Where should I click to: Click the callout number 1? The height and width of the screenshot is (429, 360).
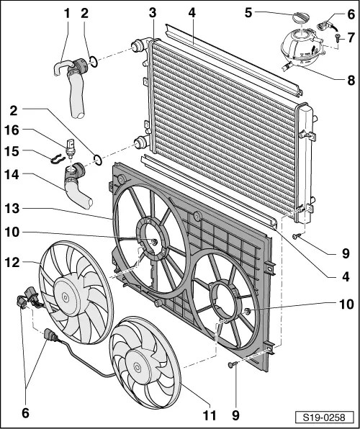(67, 14)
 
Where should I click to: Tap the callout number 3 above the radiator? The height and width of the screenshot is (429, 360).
(153, 13)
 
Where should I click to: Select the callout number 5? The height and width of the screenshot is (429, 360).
(248, 13)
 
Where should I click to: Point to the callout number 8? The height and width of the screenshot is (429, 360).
(351, 81)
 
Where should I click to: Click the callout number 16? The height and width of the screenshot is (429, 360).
(12, 130)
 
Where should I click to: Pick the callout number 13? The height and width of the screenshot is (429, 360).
(12, 209)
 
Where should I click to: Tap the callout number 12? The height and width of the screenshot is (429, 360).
(12, 262)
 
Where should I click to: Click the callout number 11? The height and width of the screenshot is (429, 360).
(209, 415)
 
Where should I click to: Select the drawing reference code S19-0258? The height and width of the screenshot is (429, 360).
(324, 417)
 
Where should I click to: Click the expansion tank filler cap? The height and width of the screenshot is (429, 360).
(300, 17)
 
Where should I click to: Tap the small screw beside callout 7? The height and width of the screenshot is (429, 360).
(337, 37)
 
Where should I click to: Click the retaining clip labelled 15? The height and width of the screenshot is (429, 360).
(58, 160)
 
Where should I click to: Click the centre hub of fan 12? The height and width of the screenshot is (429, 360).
(65, 297)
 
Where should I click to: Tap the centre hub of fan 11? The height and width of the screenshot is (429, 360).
(138, 367)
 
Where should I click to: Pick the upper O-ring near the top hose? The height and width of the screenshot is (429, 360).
(93, 62)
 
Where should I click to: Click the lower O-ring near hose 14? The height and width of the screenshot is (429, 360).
(98, 160)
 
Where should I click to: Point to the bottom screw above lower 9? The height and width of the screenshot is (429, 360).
(233, 364)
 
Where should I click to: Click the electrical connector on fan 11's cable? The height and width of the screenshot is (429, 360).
(51, 336)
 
